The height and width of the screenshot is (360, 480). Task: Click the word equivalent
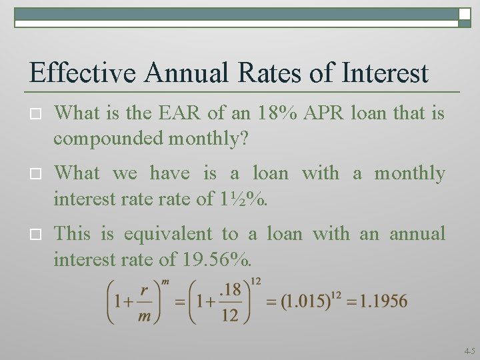[166, 234]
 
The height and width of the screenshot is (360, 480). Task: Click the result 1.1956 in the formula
[383, 301]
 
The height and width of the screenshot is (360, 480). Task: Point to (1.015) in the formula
[303, 301]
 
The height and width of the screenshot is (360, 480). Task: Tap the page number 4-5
[469, 350]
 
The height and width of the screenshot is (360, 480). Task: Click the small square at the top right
[465, 14]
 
